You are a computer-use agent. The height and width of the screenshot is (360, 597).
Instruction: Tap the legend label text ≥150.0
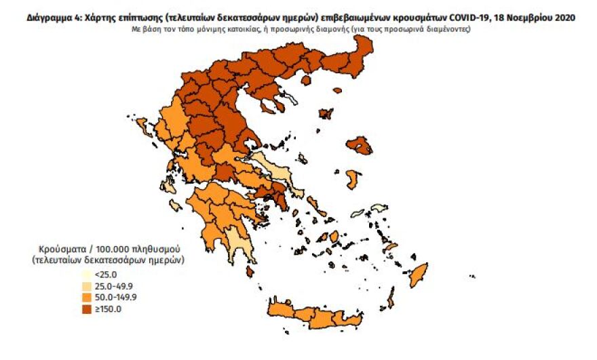point(108,309)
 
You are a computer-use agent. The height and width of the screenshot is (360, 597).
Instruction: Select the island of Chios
point(353,180)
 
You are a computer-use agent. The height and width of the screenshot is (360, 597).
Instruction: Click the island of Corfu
point(145,127)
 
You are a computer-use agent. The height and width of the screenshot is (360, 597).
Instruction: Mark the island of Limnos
point(326,114)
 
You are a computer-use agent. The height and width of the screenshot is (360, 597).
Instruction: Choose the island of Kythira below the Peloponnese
point(250,272)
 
